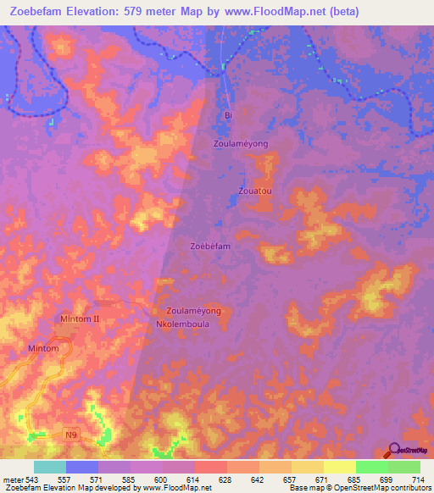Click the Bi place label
(226, 115)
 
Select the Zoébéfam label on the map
(210, 246)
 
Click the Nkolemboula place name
(187, 324)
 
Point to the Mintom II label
(81, 319)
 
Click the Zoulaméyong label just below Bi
(241, 144)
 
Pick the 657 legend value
(291, 479)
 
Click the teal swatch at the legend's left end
(50, 467)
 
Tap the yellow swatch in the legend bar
(339, 467)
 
